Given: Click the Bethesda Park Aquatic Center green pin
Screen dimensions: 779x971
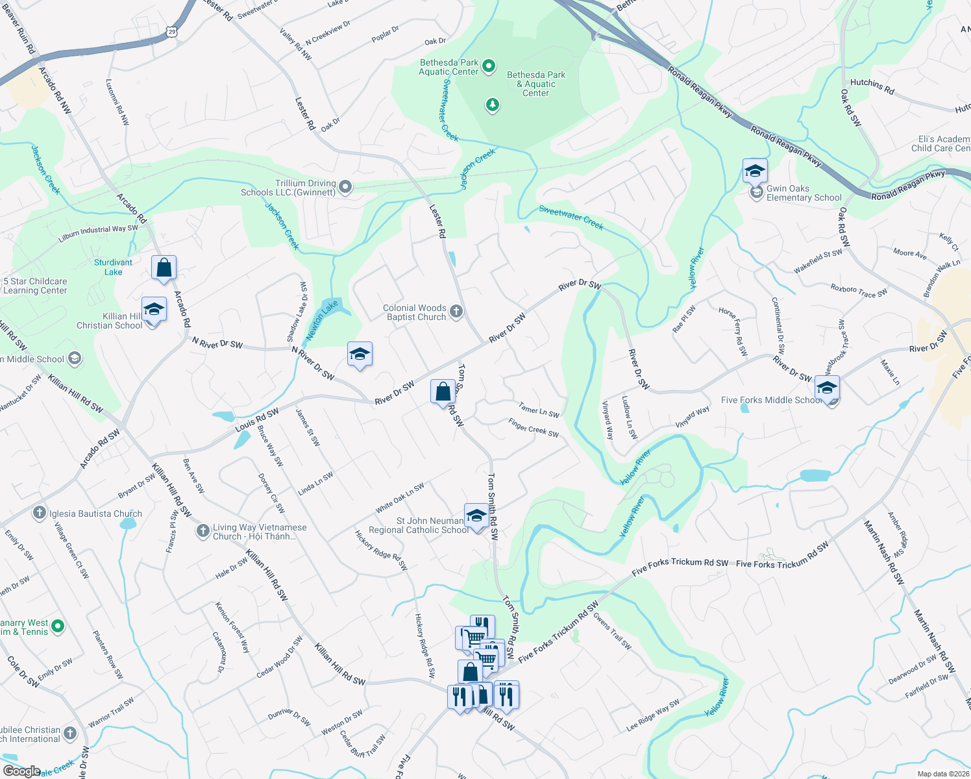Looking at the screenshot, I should (489, 66).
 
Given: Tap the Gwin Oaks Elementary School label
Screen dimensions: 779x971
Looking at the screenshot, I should (804, 193).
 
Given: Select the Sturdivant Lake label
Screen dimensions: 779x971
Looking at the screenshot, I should (113, 267).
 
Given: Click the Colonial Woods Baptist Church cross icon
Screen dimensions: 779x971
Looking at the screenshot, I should (456, 312).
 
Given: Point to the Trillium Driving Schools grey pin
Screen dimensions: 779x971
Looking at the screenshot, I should (346, 188).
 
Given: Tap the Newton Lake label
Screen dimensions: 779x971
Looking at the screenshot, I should (323, 319).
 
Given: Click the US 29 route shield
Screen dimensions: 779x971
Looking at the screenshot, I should (171, 31).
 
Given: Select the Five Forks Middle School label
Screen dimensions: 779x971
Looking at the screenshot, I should (771, 401).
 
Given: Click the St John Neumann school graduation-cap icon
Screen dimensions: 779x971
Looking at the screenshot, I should (476, 516).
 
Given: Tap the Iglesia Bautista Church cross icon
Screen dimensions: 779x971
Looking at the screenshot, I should (40, 513).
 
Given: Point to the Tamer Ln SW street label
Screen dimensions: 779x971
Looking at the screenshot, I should (539, 410).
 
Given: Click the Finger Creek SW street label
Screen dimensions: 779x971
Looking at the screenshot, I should (534, 428).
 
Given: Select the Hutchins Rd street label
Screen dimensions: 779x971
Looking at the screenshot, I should (872, 86).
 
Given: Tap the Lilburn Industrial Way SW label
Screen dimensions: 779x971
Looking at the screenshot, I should (98, 233).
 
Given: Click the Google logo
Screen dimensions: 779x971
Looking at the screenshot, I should (21, 771).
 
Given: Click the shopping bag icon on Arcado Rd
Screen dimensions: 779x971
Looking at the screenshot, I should (164, 267).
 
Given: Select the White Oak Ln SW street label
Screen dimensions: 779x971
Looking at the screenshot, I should (400, 497).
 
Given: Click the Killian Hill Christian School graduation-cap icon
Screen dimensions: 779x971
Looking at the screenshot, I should (153, 310).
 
